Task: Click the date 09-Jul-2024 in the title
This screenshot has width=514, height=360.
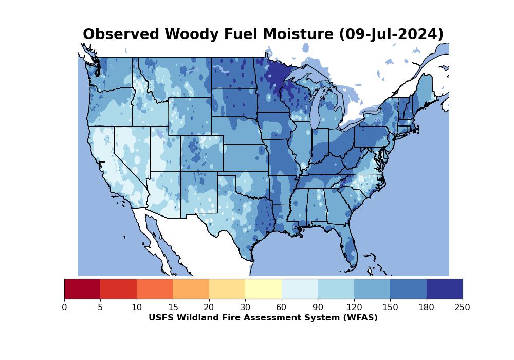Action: (391, 34)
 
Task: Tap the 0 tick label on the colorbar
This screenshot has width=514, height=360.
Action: (64, 308)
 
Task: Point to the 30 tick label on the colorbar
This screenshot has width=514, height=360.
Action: (245, 308)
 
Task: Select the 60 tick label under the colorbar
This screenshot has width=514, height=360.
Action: (282, 308)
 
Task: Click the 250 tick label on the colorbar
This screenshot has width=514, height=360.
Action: (462, 308)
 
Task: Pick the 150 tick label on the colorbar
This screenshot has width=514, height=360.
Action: (390, 308)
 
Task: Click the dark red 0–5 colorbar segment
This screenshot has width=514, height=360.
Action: (82, 289)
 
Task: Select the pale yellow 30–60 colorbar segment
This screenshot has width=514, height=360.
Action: (263, 289)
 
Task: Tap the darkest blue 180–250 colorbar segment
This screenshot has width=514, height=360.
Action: (444, 289)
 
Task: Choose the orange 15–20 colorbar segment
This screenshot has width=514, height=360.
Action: (191, 289)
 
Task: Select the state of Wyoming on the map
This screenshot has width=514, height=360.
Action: (190, 116)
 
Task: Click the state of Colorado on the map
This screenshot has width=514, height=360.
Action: (201, 153)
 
